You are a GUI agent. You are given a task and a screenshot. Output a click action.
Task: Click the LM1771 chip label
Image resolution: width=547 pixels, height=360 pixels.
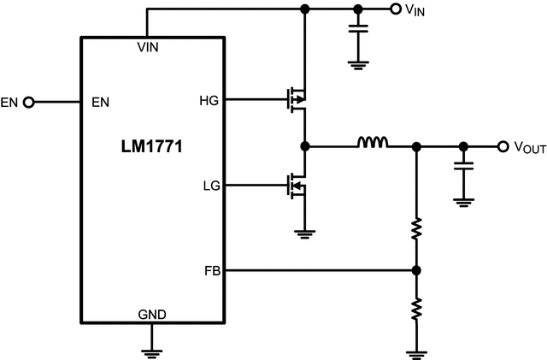click(152, 146)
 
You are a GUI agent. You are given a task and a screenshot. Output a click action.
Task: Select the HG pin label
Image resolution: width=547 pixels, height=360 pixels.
click(209, 100)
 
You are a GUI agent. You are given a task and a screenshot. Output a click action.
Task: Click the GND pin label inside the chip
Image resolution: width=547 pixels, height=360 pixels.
click(152, 315)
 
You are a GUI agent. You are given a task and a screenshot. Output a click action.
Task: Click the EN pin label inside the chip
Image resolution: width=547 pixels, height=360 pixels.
click(100, 103)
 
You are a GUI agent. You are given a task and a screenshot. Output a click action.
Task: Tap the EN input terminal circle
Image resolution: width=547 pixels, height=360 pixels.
click(29, 103)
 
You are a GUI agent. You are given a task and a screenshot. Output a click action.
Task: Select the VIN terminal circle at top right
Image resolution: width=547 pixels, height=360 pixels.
click(395, 9)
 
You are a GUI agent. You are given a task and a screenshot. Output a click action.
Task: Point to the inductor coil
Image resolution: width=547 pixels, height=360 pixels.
click(372, 143)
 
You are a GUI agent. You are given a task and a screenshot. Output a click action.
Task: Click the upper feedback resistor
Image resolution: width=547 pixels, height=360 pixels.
click(416, 228)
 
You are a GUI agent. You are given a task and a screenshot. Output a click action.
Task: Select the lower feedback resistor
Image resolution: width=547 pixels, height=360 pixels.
click(416, 308)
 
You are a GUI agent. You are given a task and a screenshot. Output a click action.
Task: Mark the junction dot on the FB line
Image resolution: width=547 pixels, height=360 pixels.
click(416, 271)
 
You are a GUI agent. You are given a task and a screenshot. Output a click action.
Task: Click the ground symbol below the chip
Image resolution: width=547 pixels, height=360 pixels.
click(152, 349)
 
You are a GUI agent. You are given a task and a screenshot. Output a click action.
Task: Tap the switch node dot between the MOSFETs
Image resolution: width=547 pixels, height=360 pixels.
click(304, 146)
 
